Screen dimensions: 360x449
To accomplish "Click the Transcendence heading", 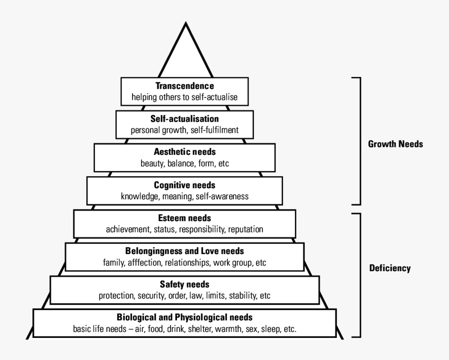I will click(185, 86).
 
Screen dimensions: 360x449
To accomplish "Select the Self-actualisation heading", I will click(185, 119).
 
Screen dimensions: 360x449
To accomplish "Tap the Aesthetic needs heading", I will click(185, 152).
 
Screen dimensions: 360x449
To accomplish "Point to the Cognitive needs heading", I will click(184, 185).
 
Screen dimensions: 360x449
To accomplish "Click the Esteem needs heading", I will click(185, 218).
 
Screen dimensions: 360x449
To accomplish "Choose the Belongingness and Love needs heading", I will click(184, 251).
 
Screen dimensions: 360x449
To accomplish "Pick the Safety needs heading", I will click(185, 284).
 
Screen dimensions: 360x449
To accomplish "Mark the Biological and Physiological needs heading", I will click(185, 317).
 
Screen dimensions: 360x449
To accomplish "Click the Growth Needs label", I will click(395, 144).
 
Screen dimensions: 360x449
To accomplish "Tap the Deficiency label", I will click(390, 268).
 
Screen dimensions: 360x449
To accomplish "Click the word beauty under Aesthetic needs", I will click(152, 163).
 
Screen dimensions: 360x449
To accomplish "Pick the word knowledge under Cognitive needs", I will click(138, 196).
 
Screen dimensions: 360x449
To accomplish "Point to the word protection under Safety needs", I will click(116, 295).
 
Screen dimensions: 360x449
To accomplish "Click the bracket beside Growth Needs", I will click(358, 141).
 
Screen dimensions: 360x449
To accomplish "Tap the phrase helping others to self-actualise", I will click(185, 97).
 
